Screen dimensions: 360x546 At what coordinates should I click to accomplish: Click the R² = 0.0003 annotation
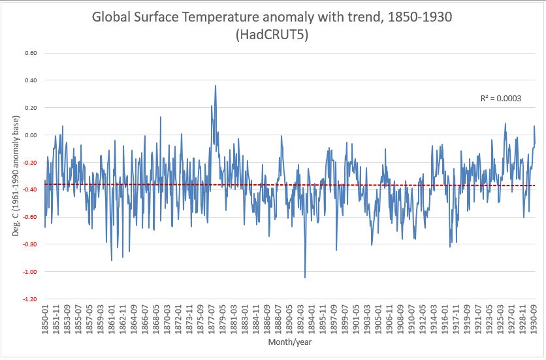(500, 99)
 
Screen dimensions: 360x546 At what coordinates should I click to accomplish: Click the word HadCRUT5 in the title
(273, 38)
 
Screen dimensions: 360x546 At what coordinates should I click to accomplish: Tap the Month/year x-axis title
(289, 342)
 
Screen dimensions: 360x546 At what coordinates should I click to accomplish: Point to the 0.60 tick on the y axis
(31, 53)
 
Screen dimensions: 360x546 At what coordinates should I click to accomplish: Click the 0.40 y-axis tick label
(31, 80)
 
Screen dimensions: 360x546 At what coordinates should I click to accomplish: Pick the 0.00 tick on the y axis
(31, 135)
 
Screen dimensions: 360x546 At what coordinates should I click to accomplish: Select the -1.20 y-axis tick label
(29, 299)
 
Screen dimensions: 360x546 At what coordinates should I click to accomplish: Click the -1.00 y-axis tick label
(29, 272)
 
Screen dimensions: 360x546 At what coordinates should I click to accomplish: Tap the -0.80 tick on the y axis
(29, 244)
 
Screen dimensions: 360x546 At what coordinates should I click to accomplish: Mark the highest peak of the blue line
(216, 86)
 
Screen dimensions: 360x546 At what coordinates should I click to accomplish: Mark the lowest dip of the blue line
(305, 278)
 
